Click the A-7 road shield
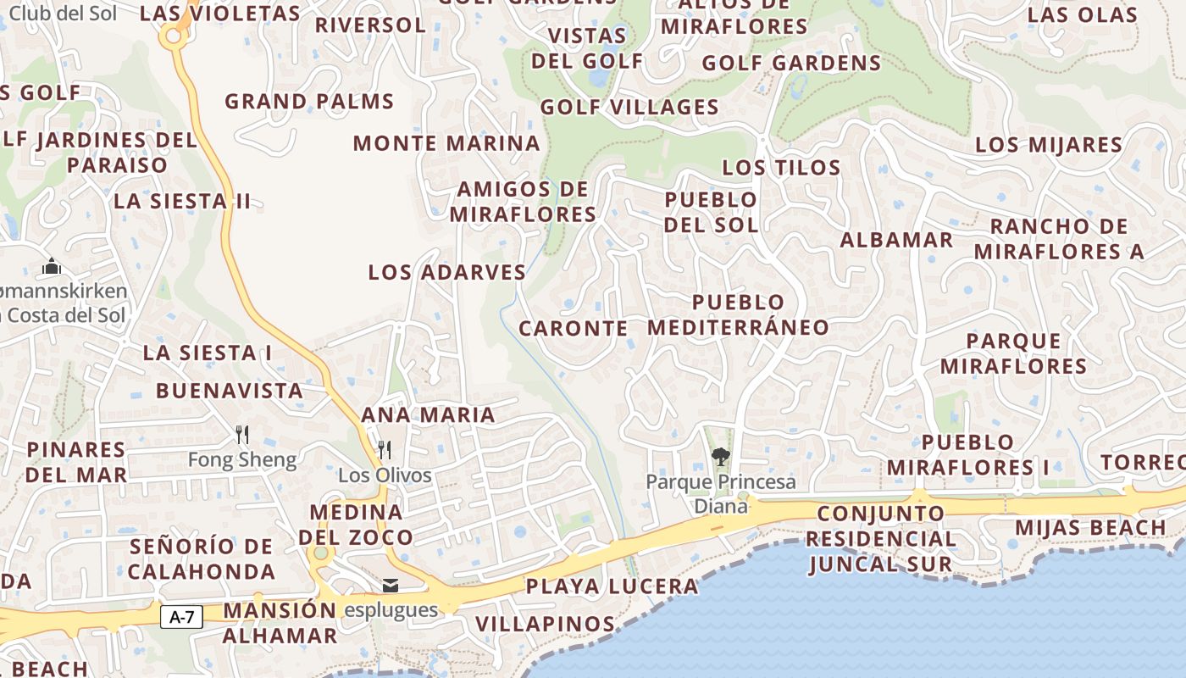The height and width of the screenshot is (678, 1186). click(x=182, y=617)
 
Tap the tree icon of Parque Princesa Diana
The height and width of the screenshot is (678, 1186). click(x=721, y=458)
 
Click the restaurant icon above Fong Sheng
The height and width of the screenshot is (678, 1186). click(x=242, y=435)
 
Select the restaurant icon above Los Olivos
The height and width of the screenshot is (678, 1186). click(x=385, y=449)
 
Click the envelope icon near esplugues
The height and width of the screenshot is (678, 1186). click(x=391, y=586)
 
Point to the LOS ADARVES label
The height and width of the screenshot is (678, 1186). click(x=447, y=272)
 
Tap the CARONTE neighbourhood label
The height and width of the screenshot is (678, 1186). click(x=574, y=328)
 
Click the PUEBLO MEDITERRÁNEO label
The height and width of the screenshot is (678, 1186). click(x=738, y=314)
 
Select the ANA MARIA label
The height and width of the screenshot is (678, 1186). click(x=428, y=414)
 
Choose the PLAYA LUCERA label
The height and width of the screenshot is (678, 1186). click(x=612, y=586)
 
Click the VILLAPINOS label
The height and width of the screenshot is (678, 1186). click(x=545, y=624)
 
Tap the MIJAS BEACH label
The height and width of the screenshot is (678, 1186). click(x=1090, y=527)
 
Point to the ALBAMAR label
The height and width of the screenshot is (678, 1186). click(x=896, y=239)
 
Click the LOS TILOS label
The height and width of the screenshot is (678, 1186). click(x=781, y=167)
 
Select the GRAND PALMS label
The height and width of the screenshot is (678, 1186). click(x=309, y=102)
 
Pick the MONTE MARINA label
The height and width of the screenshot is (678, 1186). click(x=446, y=142)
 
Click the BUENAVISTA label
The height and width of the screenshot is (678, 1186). click(x=229, y=391)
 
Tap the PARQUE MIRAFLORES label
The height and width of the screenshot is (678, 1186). click(x=1013, y=353)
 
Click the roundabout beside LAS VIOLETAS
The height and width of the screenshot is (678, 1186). click(x=174, y=36)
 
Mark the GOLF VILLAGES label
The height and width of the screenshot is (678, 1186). click(x=629, y=107)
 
